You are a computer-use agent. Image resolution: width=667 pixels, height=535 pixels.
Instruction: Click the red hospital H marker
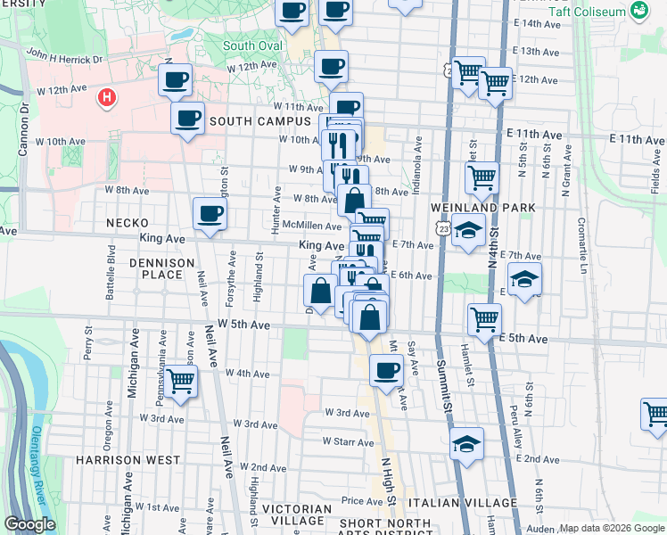point(107,96)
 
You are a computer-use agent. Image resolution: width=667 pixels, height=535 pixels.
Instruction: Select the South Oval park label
point(252,45)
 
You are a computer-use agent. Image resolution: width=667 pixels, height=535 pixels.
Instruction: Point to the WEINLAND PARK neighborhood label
point(493,208)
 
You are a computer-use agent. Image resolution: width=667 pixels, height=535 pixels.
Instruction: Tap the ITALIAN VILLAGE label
point(474,503)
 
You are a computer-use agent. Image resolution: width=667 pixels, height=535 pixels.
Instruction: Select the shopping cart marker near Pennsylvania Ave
point(181,382)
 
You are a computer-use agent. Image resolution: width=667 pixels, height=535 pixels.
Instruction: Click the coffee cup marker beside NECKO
point(210,214)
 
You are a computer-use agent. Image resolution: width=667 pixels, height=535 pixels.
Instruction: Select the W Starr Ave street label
point(348,441)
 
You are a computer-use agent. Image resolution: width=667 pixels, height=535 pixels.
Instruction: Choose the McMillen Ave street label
point(309,226)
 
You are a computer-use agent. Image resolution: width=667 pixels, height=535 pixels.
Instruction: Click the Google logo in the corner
point(30,523)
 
